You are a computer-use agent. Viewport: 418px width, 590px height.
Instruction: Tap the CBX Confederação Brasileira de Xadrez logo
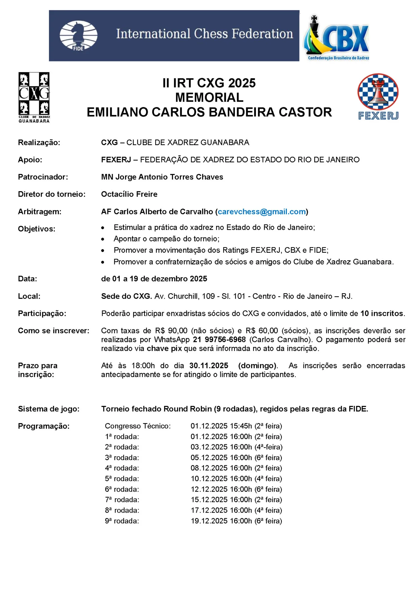point(336,38)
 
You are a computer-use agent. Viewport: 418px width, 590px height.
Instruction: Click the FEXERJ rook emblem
point(378,92)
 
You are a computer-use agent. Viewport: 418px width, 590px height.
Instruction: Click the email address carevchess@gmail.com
point(262,212)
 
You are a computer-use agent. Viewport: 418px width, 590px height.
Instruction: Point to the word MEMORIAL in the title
point(209,98)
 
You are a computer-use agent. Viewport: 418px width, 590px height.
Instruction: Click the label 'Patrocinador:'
point(43,177)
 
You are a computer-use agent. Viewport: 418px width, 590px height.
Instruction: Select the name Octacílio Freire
point(129,194)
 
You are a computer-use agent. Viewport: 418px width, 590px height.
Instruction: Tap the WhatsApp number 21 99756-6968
point(219,340)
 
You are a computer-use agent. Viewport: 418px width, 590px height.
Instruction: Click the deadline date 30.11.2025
point(209,366)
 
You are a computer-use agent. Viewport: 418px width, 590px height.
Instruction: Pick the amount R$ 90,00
point(171,331)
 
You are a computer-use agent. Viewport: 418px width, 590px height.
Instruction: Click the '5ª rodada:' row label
point(122,479)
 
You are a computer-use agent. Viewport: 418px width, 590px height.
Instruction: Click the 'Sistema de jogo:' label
point(49,409)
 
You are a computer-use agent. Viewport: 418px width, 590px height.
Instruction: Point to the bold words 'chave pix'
point(164,348)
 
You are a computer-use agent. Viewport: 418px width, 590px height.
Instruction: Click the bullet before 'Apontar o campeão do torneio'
point(103,239)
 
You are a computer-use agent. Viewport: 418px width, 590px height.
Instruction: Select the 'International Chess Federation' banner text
point(204,34)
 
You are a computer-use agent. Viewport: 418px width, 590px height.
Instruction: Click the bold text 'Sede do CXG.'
point(127,296)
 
